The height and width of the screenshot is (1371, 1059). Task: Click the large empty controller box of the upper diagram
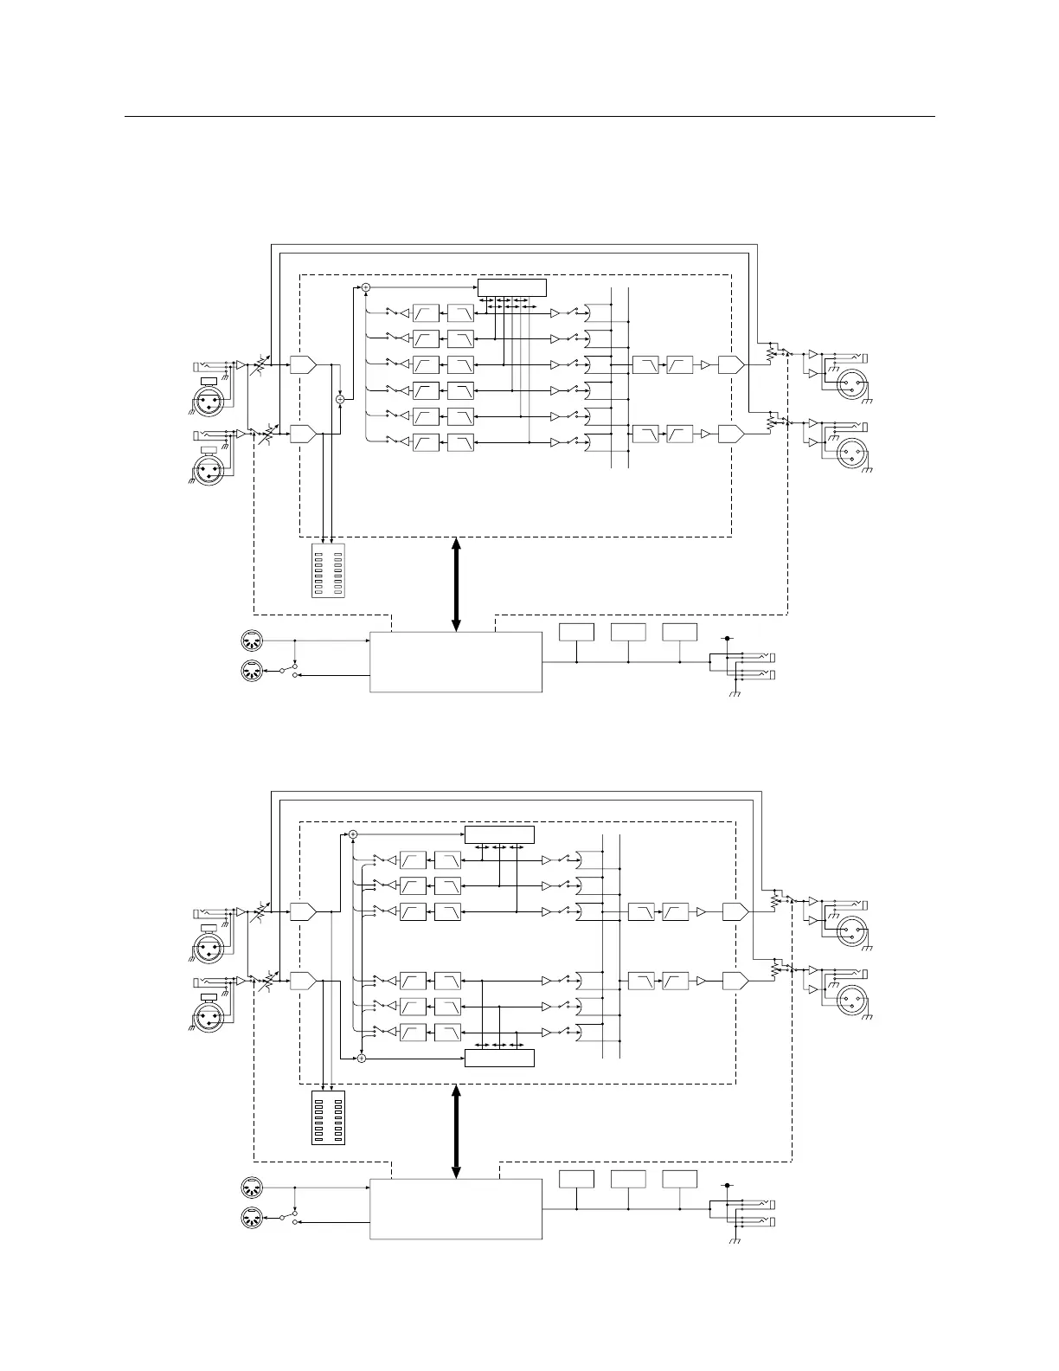click(456, 662)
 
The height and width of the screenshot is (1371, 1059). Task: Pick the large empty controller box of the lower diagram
click(456, 1208)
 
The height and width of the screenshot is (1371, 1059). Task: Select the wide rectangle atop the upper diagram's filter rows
click(512, 287)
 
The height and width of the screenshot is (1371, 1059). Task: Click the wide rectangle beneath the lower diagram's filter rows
click(499, 1058)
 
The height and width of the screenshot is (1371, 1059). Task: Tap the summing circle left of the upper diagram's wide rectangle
click(365, 286)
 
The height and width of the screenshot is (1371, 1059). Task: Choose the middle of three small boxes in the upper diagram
click(628, 632)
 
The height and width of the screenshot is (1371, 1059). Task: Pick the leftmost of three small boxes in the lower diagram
click(576, 1179)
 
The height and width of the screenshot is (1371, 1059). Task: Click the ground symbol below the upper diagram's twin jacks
click(734, 693)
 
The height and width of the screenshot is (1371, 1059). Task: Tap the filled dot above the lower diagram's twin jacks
click(728, 1185)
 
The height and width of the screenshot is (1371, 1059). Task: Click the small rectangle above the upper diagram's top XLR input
click(209, 381)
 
